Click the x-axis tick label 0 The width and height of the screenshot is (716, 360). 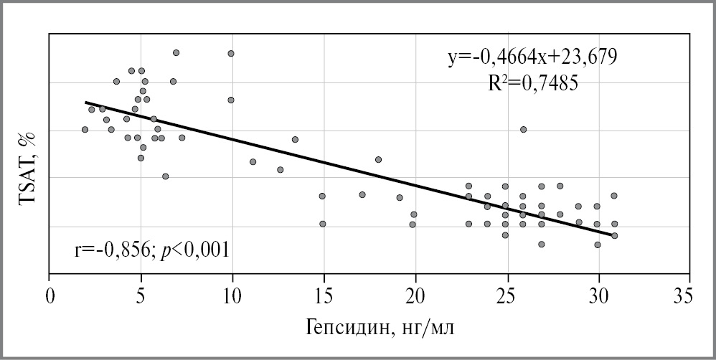(50, 295)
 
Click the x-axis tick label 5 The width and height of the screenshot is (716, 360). (141, 295)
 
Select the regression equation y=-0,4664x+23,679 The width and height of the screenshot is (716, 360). (533, 56)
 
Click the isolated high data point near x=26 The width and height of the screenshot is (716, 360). (523, 129)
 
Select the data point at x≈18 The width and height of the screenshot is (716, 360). (378, 159)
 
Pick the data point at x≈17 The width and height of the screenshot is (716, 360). (362, 194)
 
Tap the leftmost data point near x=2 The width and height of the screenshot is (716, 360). (85, 129)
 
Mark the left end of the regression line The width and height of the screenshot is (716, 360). (85, 103)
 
